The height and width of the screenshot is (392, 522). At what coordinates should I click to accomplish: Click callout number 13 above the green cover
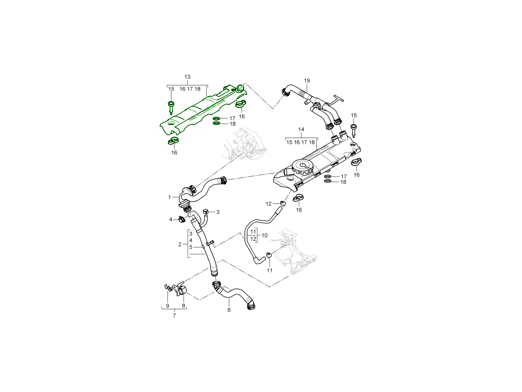(x=187, y=77)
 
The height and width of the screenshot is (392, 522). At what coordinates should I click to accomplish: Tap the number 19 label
(x=307, y=81)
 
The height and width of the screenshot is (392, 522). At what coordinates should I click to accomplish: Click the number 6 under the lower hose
(x=229, y=310)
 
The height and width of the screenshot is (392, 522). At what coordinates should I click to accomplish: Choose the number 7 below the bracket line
(x=174, y=315)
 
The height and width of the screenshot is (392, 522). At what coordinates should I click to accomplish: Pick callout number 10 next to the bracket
(x=264, y=235)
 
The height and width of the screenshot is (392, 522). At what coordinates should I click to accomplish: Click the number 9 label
(x=167, y=306)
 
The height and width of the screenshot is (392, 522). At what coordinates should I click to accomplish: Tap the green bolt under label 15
(x=171, y=106)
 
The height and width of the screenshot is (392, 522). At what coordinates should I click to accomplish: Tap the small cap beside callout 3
(x=206, y=212)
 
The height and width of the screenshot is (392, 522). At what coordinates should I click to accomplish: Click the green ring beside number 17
(x=217, y=118)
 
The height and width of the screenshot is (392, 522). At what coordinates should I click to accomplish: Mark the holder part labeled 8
(x=182, y=291)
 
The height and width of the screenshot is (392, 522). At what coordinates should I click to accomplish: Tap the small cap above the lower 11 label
(x=269, y=255)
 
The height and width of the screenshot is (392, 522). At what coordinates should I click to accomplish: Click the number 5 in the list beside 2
(x=191, y=247)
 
